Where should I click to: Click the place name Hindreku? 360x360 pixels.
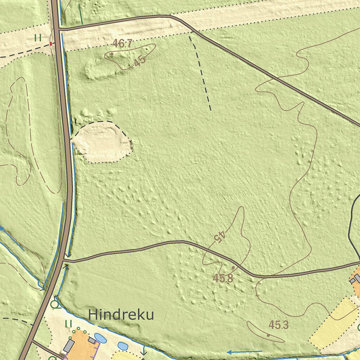coord(121,315)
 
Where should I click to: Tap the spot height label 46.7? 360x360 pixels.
coord(122,44)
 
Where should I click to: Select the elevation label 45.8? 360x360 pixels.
coord(223,278)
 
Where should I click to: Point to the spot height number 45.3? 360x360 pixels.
coord(278,325)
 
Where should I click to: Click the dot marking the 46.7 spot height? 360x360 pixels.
coord(112,54)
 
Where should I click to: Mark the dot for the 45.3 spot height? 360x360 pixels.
coord(268,335)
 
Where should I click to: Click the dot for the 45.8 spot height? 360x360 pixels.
coord(233,268)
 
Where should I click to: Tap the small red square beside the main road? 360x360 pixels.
coord(51,44)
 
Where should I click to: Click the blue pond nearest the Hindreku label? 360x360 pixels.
coord(101,338)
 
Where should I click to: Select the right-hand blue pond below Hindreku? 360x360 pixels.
coord(123,346)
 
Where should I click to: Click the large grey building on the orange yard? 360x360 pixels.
coord(69,346)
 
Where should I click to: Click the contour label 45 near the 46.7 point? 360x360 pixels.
coord(140,61)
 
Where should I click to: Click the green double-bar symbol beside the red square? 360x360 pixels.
coord(38,37)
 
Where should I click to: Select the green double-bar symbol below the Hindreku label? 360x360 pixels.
coord(69,323)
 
